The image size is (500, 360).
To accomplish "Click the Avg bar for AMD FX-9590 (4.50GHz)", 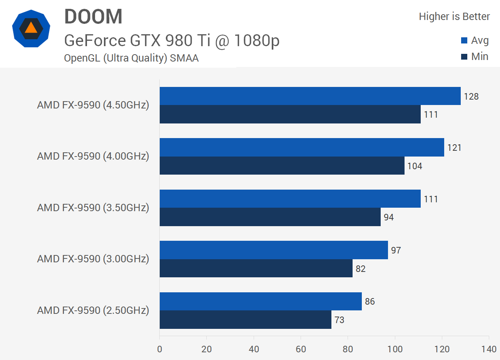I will pyautogui.click(x=310, y=96).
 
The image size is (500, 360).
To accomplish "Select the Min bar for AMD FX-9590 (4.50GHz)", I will pyautogui.click(x=290, y=114).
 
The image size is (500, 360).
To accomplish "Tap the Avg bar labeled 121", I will pyautogui.click(x=302, y=147).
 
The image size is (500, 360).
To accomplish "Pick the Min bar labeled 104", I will pyautogui.click(x=282, y=166).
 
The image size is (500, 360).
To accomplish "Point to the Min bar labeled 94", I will pyautogui.click(x=270, y=217).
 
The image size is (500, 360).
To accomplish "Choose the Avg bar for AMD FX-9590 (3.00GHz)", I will pyautogui.click(x=274, y=250).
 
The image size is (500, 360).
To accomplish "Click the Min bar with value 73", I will pyautogui.click(x=245, y=320).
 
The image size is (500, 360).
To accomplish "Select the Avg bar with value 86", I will pyautogui.click(x=261, y=301).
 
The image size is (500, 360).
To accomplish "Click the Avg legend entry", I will pyautogui.click(x=475, y=40).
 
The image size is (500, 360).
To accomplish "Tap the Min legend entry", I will pyautogui.click(x=475, y=57).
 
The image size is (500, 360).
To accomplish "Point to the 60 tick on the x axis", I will pyautogui.click(x=301, y=349).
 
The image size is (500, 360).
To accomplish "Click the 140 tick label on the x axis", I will pyautogui.click(x=488, y=349).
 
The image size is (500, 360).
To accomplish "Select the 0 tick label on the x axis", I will pyautogui.click(x=160, y=349).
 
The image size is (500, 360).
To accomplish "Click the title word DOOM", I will pyautogui.click(x=93, y=17).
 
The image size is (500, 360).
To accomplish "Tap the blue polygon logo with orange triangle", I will pyautogui.click(x=31, y=28).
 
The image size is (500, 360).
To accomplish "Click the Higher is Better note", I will pyautogui.click(x=454, y=17).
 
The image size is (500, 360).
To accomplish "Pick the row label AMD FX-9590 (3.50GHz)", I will pyautogui.click(x=93, y=208).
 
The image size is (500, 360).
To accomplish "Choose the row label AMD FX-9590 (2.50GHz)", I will pyautogui.click(x=93, y=310).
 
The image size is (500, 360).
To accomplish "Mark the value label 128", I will pyautogui.click(x=471, y=97).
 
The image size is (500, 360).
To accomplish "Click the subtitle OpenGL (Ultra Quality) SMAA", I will pyautogui.click(x=131, y=58).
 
